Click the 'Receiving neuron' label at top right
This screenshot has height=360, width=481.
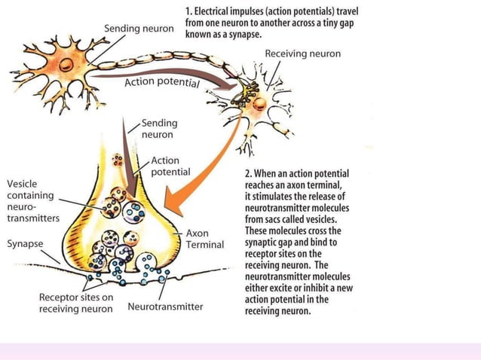(302, 53)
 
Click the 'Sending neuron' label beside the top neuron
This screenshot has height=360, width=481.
(139, 29)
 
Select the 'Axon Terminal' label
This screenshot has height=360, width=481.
(205, 239)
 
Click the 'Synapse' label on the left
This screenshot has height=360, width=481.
(25, 244)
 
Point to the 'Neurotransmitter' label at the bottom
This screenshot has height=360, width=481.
(165, 307)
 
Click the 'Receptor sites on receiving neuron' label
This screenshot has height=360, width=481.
(76, 302)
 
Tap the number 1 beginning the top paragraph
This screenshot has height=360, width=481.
(188, 11)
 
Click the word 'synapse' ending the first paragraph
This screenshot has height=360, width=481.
(247, 35)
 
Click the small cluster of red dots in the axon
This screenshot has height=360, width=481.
(117, 160)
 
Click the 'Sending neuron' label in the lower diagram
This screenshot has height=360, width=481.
(159, 129)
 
